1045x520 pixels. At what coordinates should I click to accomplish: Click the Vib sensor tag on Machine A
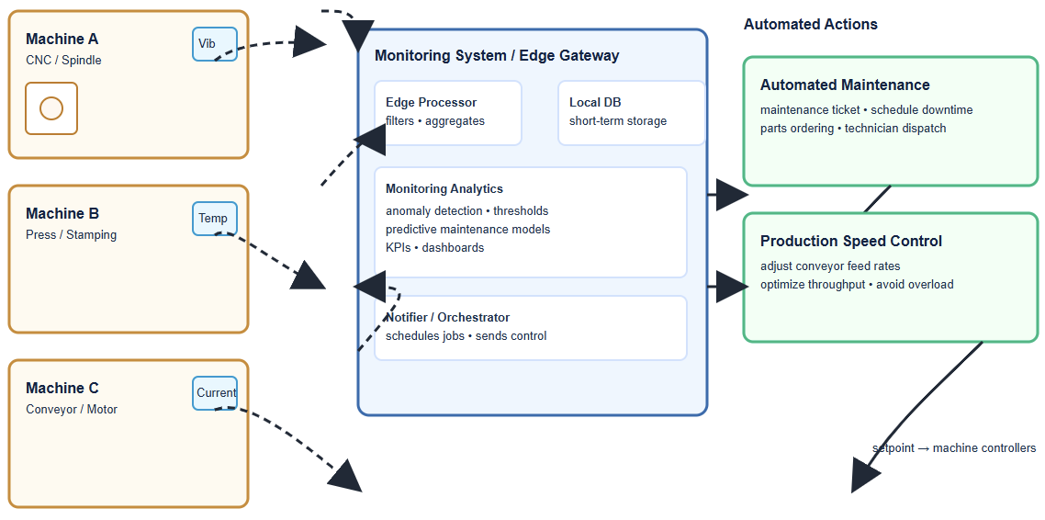(x=214, y=44)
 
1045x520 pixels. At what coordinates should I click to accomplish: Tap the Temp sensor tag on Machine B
(x=214, y=219)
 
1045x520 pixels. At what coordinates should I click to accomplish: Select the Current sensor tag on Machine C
(x=215, y=393)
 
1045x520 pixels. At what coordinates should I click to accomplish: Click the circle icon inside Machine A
(x=51, y=108)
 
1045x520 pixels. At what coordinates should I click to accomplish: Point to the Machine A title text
(x=62, y=39)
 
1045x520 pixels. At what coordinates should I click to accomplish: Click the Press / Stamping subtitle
(x=71, y=234)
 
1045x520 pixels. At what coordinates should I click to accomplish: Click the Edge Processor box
(x=447, y=112)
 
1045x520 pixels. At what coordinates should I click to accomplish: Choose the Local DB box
(x=631, y=112)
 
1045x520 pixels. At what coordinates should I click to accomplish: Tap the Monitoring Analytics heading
(x=444, y=188)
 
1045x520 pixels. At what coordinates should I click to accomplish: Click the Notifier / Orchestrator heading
(x=447, y=317)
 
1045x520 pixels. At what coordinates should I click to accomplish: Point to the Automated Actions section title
(x=810, y=25)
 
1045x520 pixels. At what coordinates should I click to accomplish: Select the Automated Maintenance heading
(x=844, y=85)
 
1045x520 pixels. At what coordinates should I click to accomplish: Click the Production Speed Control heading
(x=850, y=241)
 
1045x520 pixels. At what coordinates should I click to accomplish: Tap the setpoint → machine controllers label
(x=953, y=448)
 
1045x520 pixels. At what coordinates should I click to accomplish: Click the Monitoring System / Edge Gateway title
(x=496, y=55)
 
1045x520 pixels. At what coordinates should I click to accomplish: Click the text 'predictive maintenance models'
(x=467, y=229)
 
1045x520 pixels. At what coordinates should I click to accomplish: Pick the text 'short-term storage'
(x=617, y=121)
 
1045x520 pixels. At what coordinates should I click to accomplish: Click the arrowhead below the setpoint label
(x=864, y=476)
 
